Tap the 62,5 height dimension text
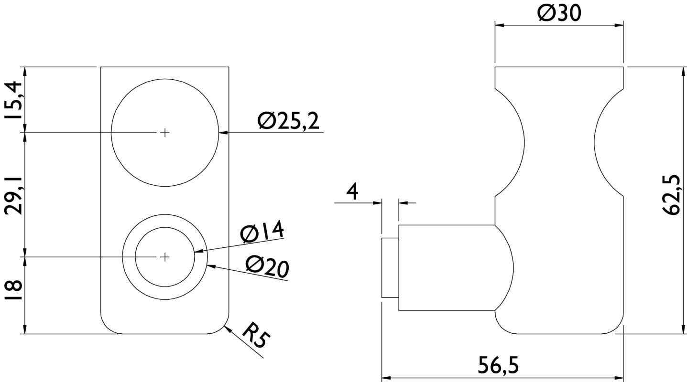pyautogui.click(x=674, y=195)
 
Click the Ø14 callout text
pyautogui.click(x=262, y=233)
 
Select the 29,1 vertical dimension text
pyautogui.click(x=14, y=194)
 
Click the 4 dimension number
pyautogui.click(x=352, y=192)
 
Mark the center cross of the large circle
pyautogui.click(x=165, y=133)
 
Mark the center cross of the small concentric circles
pyautogui.click(x=165, y=257)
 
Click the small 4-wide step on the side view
pyautogui.click(x=390, y=267)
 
